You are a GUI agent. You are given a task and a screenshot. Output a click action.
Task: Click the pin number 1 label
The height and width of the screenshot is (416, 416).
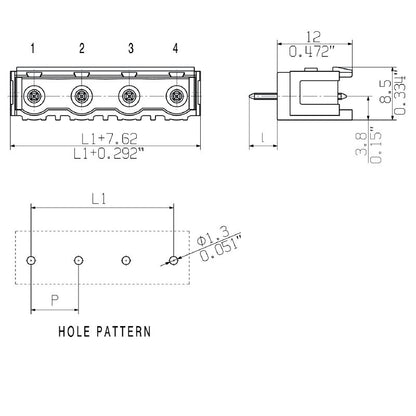(x=32, y=48)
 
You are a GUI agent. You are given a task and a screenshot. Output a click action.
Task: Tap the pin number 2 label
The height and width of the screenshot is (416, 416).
(x=81, y=48)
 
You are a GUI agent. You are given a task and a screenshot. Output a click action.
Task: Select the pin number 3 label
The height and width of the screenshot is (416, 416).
(x=129, y=48)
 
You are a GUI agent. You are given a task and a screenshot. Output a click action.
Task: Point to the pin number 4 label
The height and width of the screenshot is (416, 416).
(x=176, y=48)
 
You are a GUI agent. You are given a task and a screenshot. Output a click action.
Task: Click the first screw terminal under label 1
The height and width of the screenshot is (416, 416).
(x=33, y=97)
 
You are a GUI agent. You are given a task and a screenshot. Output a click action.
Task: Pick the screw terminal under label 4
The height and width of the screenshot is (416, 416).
(x=176, y=97)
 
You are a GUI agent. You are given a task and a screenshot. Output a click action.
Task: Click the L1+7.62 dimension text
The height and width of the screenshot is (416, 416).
(x=103, y=137)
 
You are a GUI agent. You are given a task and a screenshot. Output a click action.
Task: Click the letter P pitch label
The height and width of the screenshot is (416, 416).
(x=56, y=297)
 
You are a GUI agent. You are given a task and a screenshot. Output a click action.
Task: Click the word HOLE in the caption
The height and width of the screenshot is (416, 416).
(x=79, y=330)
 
